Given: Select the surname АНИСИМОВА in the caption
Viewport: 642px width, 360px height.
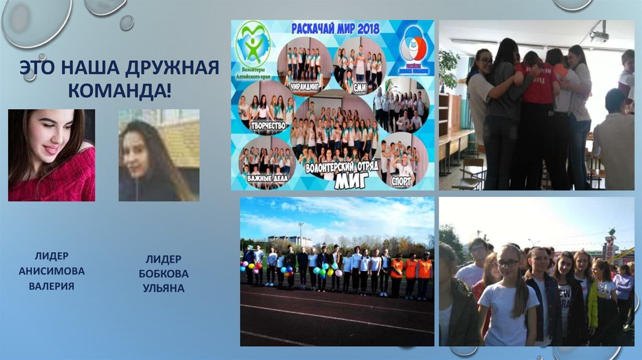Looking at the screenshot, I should [51, 271].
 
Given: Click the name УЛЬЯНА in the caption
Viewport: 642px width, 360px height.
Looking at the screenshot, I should [163, 289].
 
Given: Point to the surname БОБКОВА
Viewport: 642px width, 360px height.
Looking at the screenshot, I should [163, 274].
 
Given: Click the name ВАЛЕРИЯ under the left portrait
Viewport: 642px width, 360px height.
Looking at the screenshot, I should [51, 286].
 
